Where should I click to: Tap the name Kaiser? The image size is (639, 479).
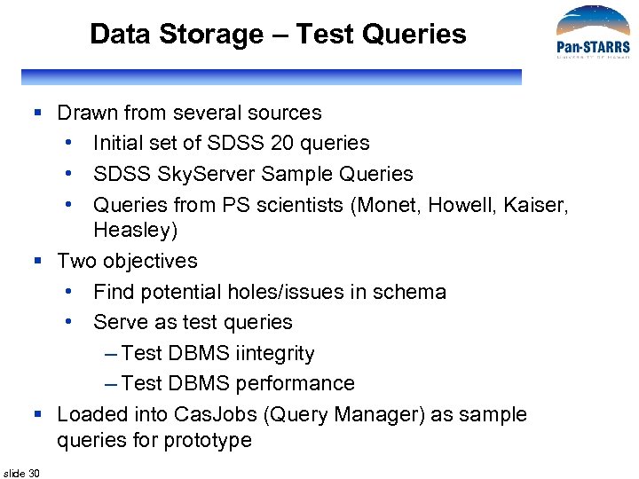click(x=536, y=205)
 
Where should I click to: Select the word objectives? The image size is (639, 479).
click(x=150, y=261)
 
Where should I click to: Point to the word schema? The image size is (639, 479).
click(x=414, y=292)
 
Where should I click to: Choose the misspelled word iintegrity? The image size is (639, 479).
click(x=275, y=353)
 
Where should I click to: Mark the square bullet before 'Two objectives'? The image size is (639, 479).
click(x=38, y=262)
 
